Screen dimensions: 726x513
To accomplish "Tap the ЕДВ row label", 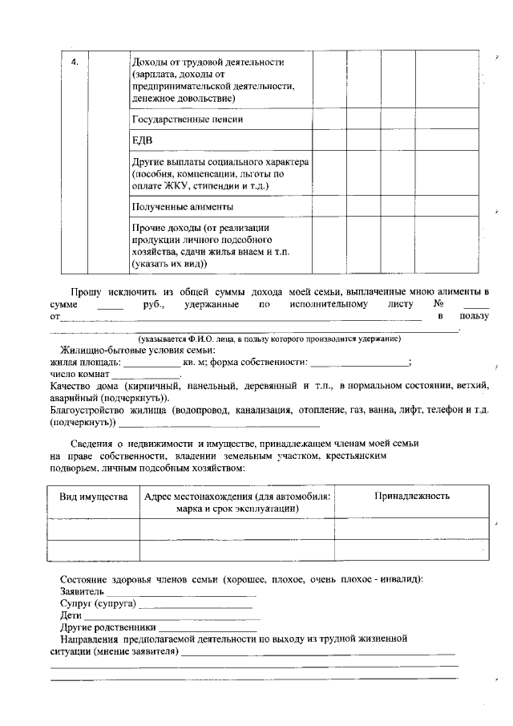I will (x=142, y=140).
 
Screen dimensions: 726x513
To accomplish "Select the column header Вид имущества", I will (x=94, y=497).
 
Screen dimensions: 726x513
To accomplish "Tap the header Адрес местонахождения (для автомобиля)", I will (x=236, y=497).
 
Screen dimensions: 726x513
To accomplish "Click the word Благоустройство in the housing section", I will (x=89, y=410).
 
